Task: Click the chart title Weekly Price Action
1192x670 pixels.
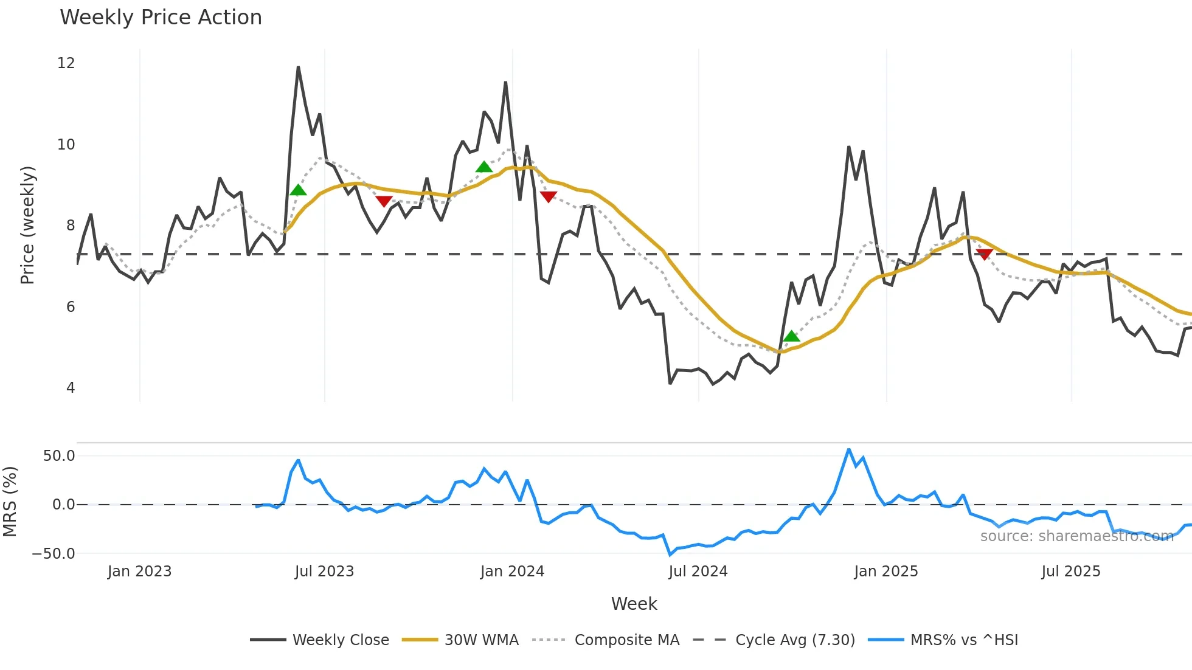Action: (x=161, y=18)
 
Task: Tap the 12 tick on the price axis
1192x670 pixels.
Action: (x=66, y=63)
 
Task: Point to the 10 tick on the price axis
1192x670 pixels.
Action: (x=66, y=145)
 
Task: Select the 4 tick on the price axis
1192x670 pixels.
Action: (x=71, y=388)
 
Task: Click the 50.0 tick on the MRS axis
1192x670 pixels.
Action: (x=59, y=456)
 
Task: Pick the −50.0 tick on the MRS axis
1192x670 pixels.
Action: (x=54, y=554)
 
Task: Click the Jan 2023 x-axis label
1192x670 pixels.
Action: (x=140, y=572)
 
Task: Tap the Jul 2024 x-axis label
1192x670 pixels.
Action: (x=698, y=572)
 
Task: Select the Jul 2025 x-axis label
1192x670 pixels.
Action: (x=1071, y=572)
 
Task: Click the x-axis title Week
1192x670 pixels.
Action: (x=634, y=604)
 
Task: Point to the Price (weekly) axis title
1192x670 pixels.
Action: (x=27, y=225)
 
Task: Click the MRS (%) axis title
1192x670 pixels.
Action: (x=10, y=502)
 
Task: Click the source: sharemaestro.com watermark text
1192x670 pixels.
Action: (x=1076, y=536)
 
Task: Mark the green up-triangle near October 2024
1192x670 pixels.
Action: (x=791, y=336)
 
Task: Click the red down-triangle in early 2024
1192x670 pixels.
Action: (x=549, y=196)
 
